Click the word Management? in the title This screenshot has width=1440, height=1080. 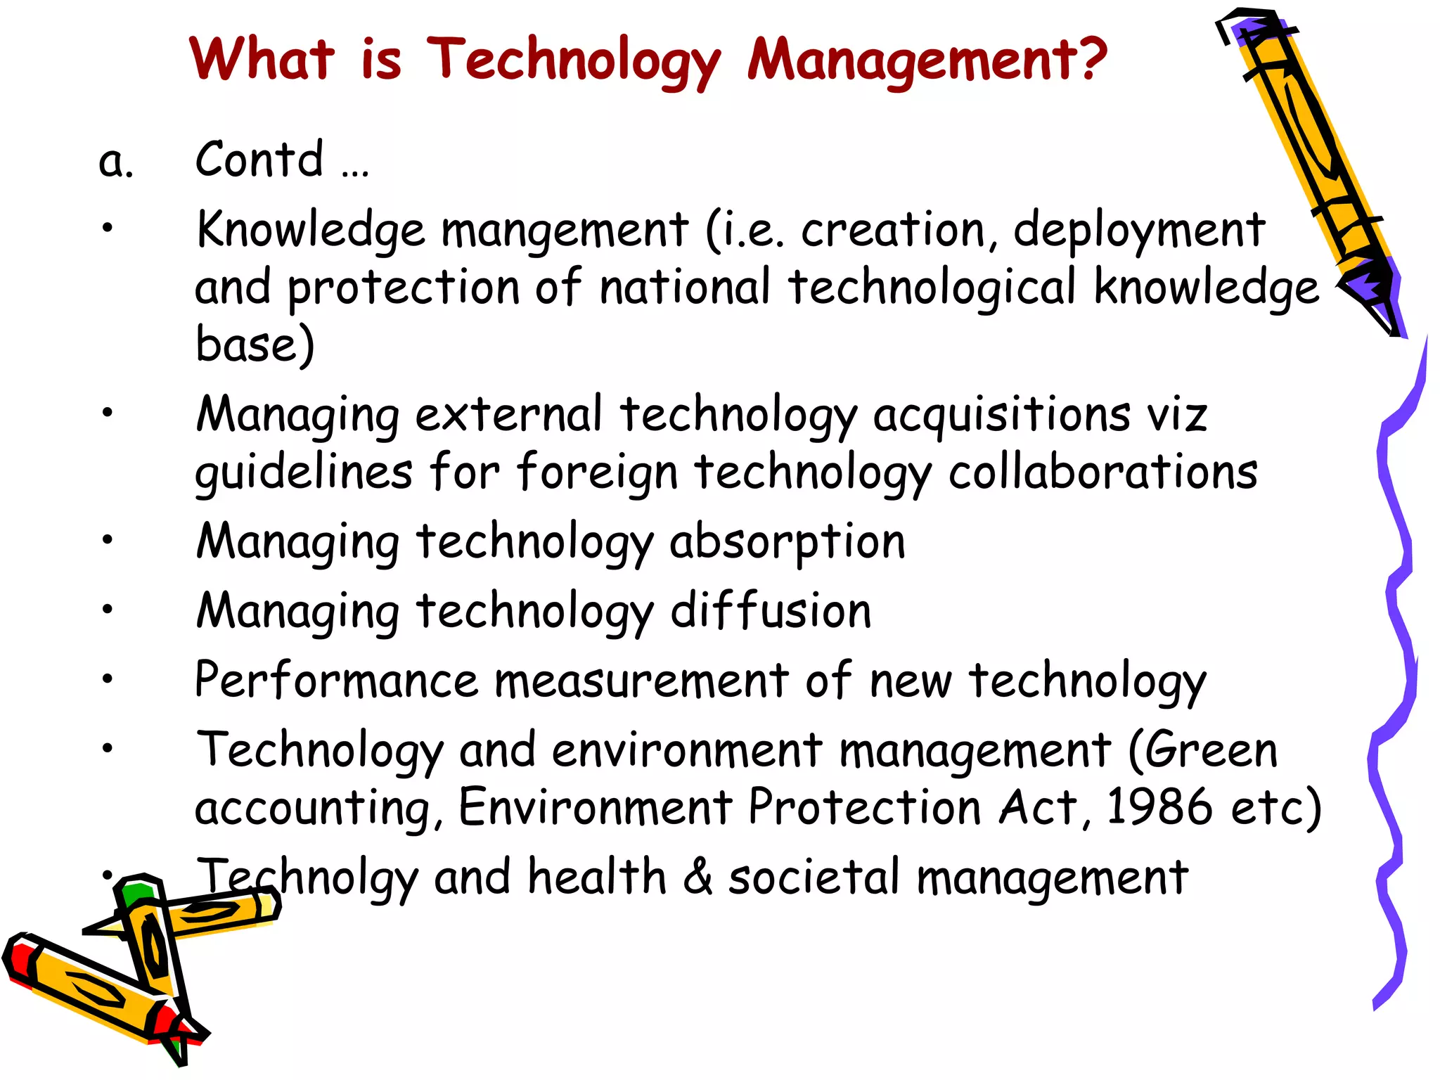[927, 60]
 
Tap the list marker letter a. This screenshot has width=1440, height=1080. [115, 162]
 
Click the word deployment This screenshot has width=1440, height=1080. [1139, 231]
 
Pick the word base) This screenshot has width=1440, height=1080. [255, 345]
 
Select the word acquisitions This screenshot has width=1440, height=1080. [1001, 415]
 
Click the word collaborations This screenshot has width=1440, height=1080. [1102, 472]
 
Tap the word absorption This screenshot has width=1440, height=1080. [787, 543]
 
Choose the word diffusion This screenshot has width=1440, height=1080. [771, 610]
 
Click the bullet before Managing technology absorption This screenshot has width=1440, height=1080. [107, 540]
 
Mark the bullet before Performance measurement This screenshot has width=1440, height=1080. [107, 679]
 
